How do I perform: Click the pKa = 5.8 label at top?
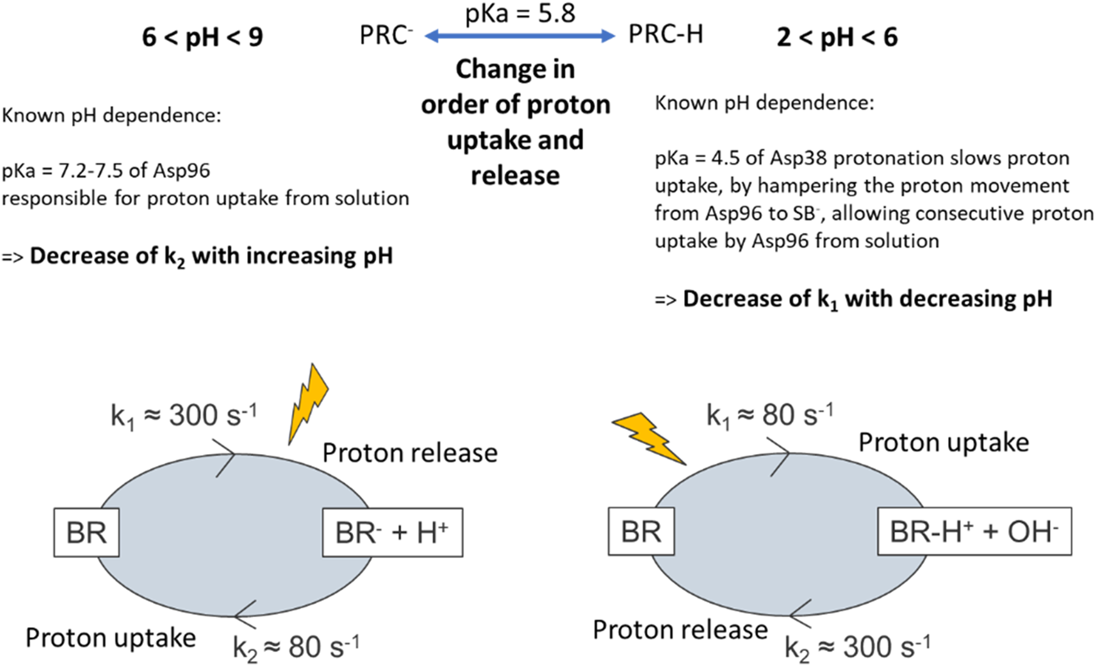pos(520,13)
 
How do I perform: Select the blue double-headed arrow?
pos(520,36)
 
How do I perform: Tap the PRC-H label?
pos(665,34)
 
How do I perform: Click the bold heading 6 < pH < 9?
pos(203,37)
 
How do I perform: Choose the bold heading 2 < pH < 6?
pos(837,38)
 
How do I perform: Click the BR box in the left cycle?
pos(87,532)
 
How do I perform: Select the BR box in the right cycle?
pos(641,531)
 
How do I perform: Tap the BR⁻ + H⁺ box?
pos(393,532)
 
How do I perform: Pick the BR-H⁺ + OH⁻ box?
pos(974,531)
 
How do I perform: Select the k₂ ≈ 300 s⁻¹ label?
pos(858,646)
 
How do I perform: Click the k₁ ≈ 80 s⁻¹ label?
pos(770,415)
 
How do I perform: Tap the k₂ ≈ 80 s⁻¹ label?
pos(297,647)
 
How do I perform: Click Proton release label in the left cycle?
pos(410,453)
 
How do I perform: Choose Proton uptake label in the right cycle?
pos(944,442)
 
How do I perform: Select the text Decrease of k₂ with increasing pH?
pos(211,256)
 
